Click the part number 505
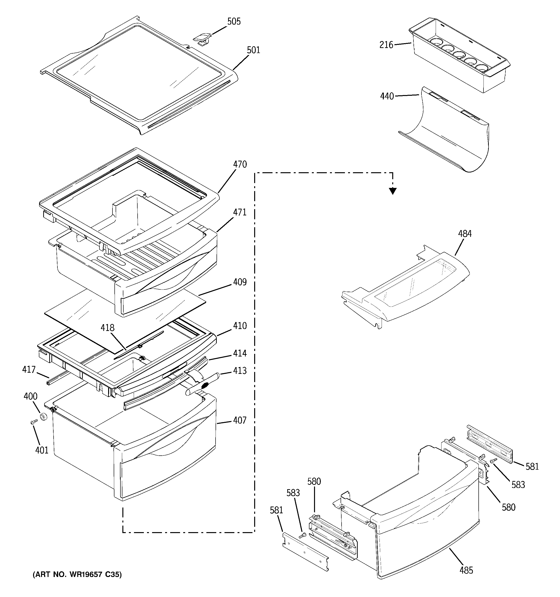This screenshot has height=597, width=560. pyautogui.click(x=234, y=22)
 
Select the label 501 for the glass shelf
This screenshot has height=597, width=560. pyautogui.click(x=253, y=50)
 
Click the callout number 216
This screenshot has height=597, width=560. pyautogui.click(x=386, y=45)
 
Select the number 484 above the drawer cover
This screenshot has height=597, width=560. pyautogui.click(x=465, y=234)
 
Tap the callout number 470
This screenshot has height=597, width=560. pyautogui.click(x=240, y=164)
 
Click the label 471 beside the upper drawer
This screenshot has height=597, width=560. pyautogui.click(x=240, y=212)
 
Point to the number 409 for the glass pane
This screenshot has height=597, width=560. pyautogui.click(x=240, y=282)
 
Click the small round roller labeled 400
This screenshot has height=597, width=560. pyautogui.click(x=44, y=417)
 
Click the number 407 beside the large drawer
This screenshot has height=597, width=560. pyautogui.click(x=240, y=420)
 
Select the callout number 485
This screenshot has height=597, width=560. pyautogui.click(x=466, y=570)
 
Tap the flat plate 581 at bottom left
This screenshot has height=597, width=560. pyautogui.click(x=305, y=552)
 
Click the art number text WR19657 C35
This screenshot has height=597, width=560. pyautogui.click(x=77, y=575)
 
